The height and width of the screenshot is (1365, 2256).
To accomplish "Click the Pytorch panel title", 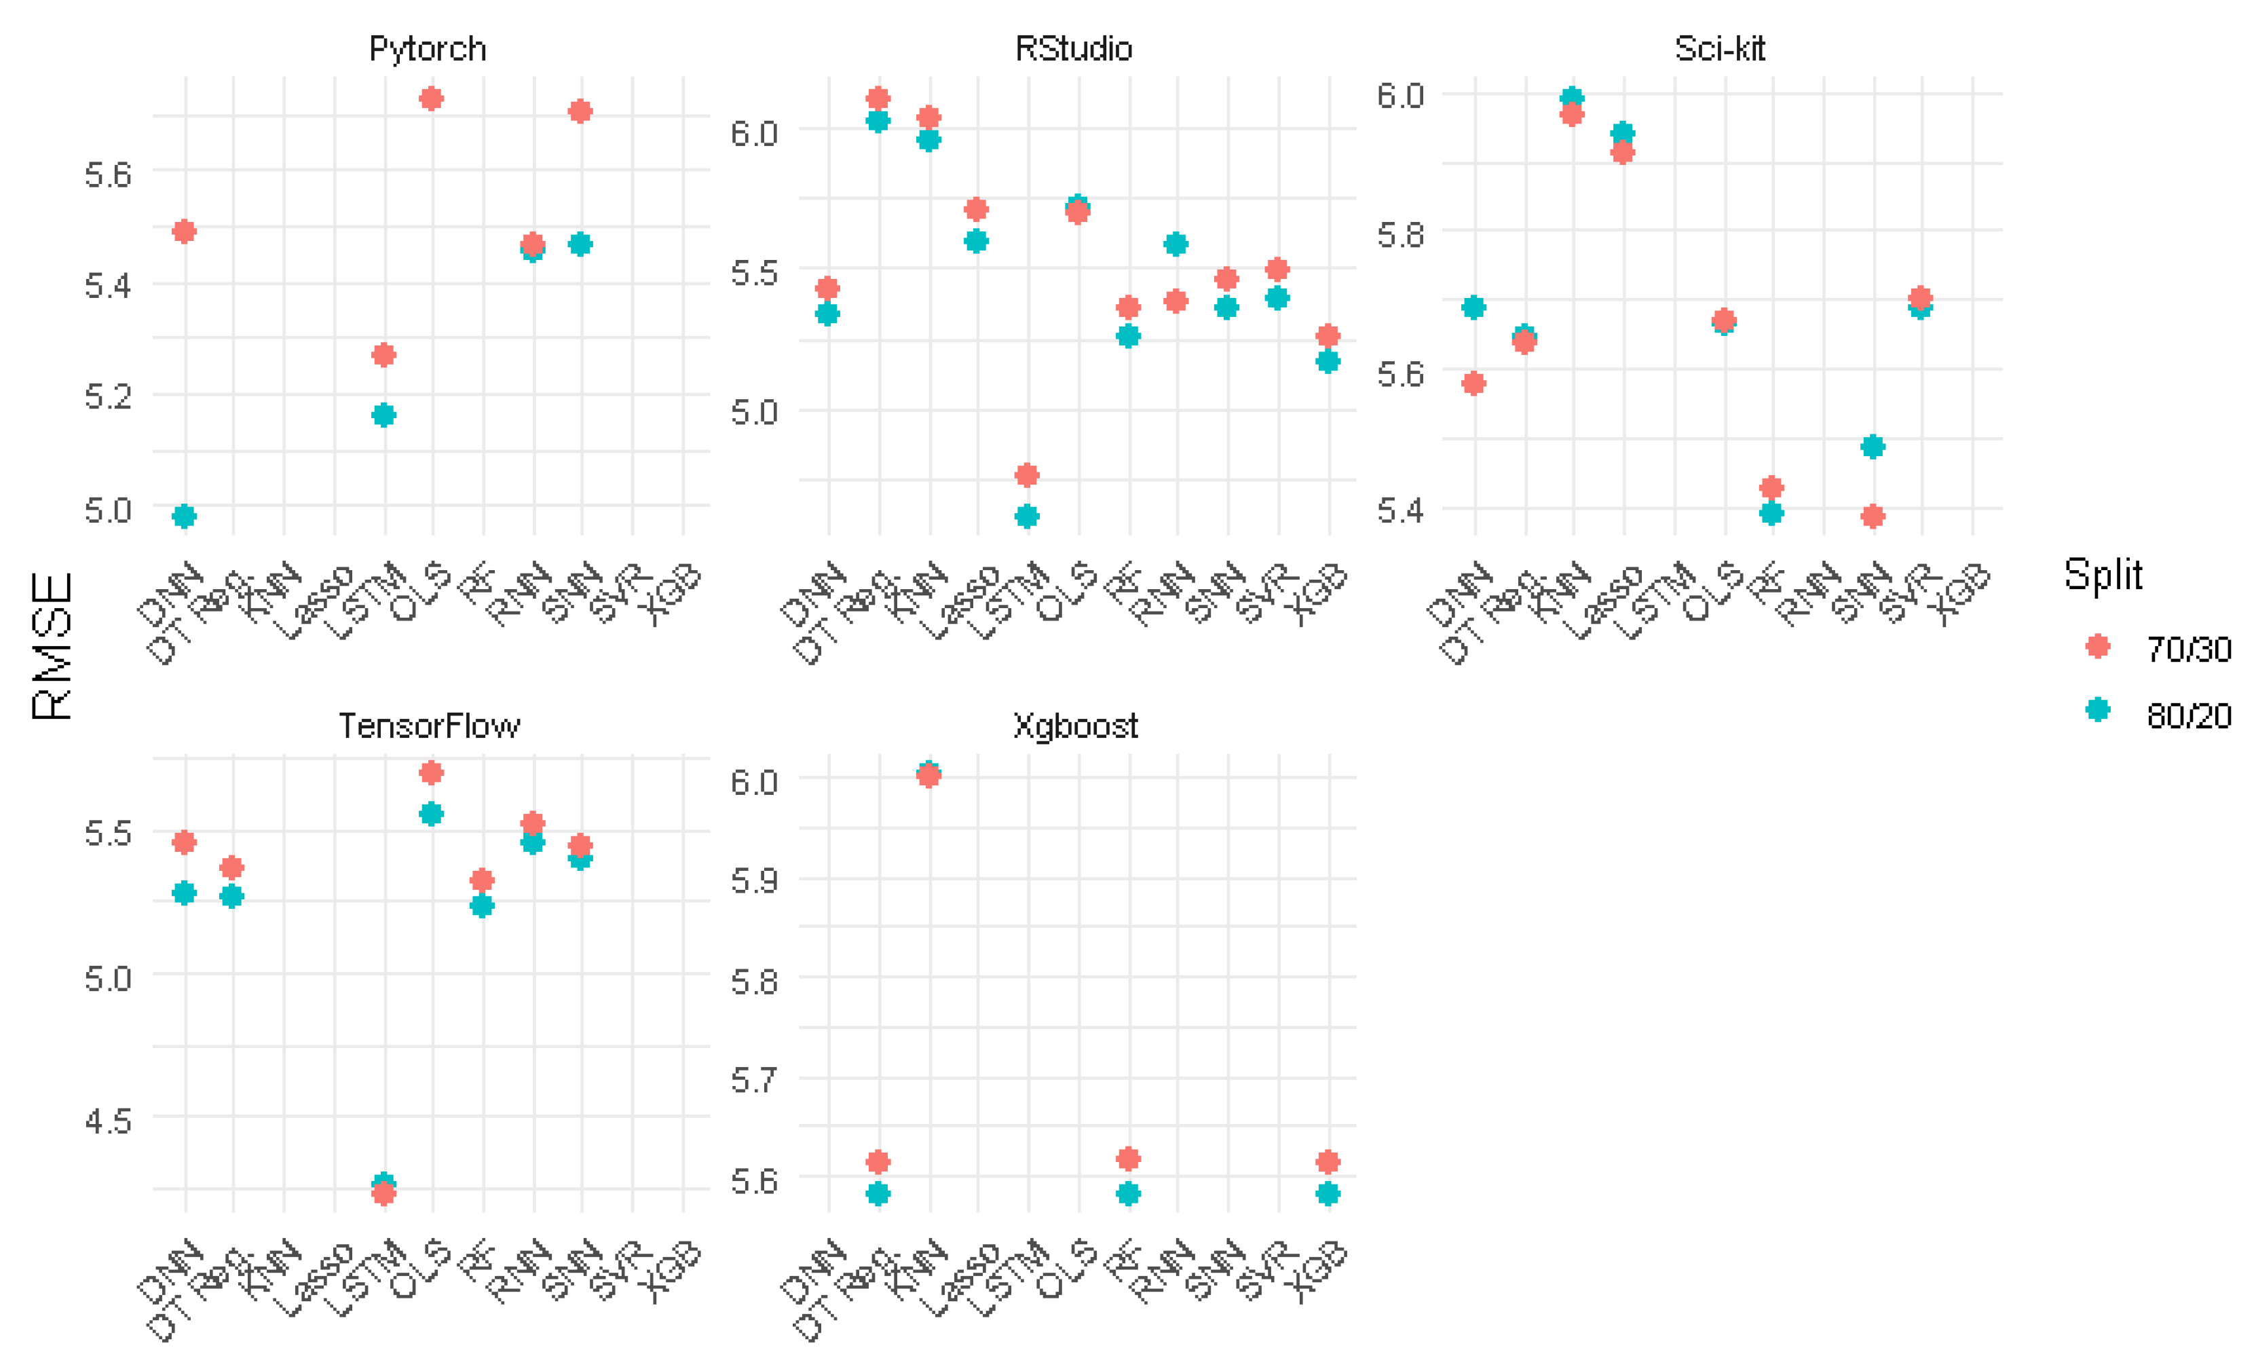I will (x=427, y=48).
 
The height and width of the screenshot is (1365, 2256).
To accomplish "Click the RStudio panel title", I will (x=1073, y=48).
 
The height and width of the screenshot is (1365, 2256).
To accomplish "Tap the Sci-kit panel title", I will (x=1719, y=48).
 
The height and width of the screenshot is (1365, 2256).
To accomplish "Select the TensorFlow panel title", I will (x=430, y=726).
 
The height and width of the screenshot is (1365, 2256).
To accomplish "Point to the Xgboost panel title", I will (x=1075, y=726).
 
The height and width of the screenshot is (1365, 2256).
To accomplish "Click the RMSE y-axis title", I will (x=52, y=646).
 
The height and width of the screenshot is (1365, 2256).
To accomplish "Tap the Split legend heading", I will (x=2103, y=575).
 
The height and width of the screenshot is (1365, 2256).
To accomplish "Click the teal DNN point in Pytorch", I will (x=184, y=517).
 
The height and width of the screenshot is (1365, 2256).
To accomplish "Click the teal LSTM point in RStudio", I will (x=1028, y=517).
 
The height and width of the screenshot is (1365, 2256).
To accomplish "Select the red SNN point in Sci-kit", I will (x=1873, y=517).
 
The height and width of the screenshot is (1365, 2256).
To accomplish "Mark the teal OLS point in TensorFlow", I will (x=431, y=814).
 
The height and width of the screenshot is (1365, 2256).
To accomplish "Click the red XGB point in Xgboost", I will (x=1328, y=1162).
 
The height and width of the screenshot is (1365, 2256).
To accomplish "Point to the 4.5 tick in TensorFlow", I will (x=108, y=1120).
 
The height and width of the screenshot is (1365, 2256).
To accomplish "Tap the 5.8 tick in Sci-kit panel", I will (x=1400, y=234).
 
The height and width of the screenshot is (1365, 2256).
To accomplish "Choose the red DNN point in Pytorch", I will (x=184, y=231).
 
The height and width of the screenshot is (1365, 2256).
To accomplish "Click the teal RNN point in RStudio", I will (x=1176, y=244).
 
